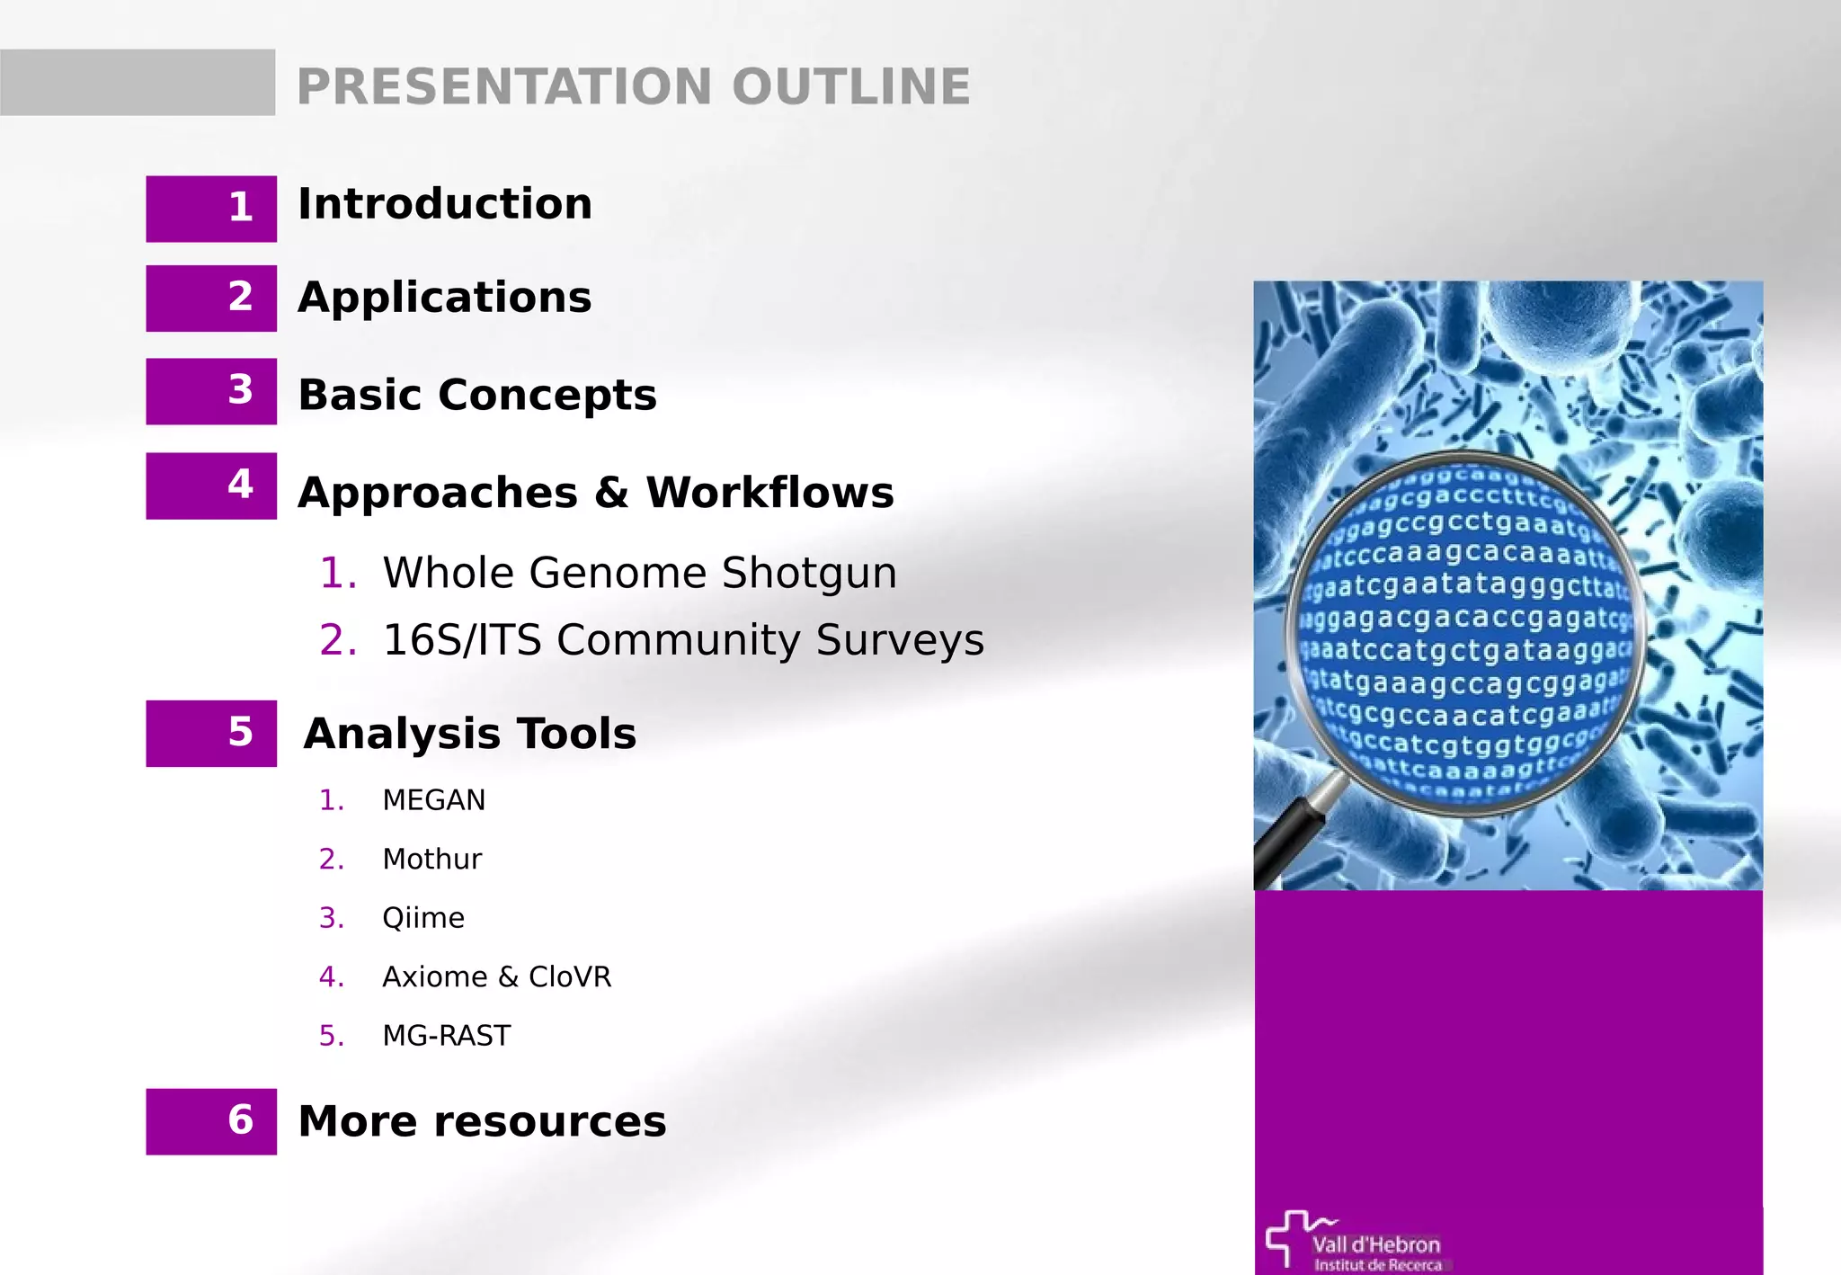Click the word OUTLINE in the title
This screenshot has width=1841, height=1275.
pos(850,86)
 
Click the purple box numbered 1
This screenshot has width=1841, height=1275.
pos(211,209)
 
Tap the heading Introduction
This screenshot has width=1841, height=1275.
pos(445,204)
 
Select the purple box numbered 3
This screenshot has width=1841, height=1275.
pos(211,391)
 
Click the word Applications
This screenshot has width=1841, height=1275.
pos(445,298)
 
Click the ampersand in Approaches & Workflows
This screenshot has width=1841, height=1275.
pos(611,493)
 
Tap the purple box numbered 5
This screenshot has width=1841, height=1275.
pos(211,733)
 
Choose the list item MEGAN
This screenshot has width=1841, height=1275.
pos(433,800)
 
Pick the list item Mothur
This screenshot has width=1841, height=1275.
pos(431,860)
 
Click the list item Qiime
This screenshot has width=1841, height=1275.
pos(422,918)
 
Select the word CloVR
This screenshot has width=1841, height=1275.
pos(570,977)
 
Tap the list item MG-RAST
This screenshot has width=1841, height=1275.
pos(446,1036)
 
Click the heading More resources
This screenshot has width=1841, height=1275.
pos(482,1121)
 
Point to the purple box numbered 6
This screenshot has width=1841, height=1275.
pos(211,1121)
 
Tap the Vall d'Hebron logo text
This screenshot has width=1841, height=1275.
pos(1375,1245)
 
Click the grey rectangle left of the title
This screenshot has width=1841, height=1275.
pos(138,82)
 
